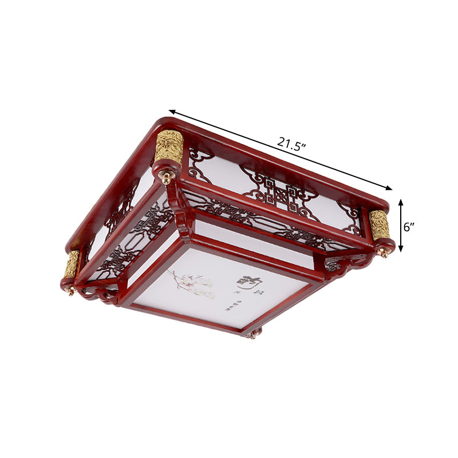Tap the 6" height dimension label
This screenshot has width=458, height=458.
(x=409, y=226)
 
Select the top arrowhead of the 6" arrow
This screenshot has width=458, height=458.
(x=401, y=202)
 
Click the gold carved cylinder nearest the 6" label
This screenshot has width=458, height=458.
(x=379, y=225)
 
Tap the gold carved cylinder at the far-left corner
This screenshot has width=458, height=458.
(x=72, y=264)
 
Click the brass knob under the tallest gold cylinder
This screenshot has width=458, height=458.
(x=166, y=178)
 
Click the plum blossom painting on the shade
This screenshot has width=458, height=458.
(x=192, y=284)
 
